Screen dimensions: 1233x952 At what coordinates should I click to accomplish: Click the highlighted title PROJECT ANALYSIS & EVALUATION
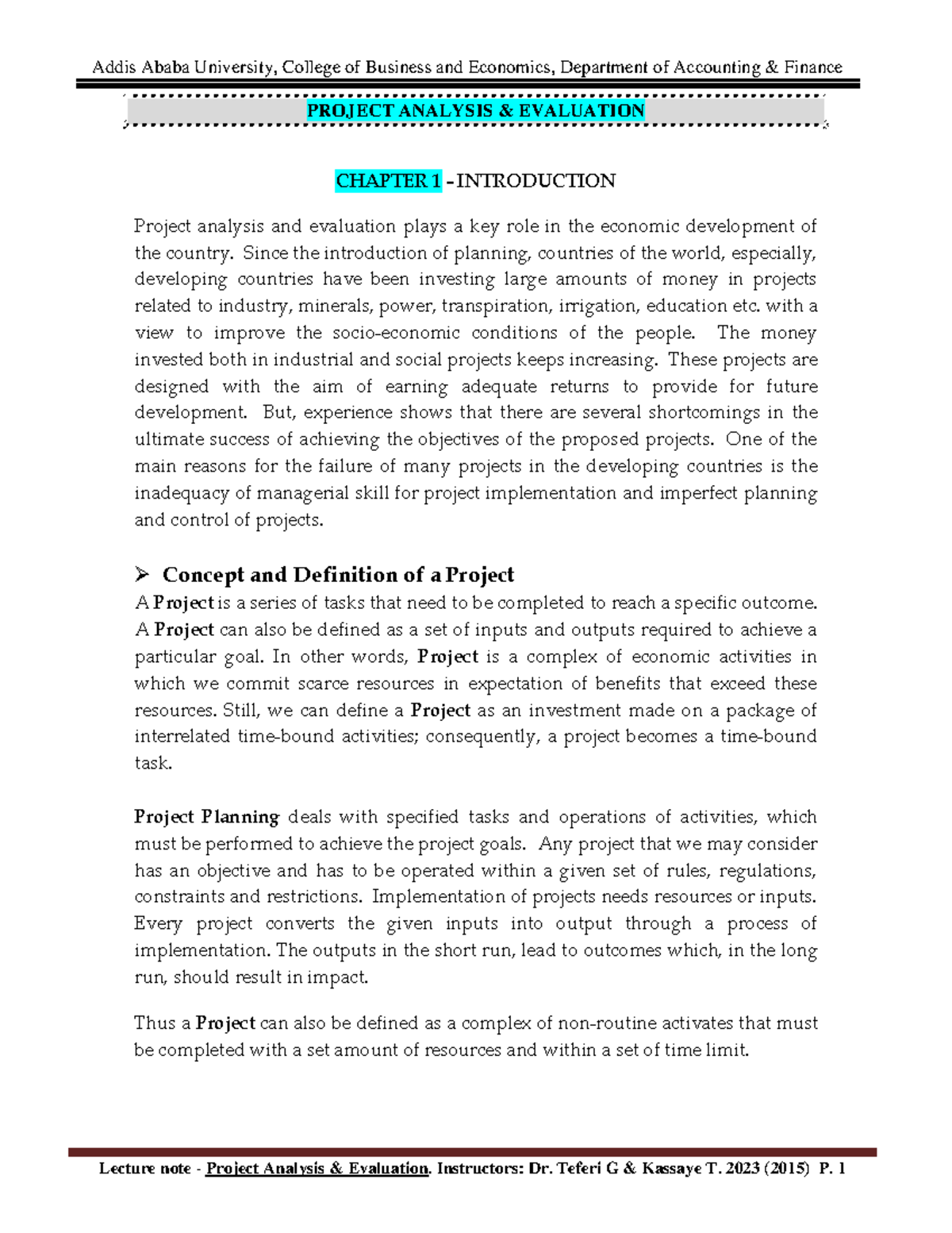[476, 111]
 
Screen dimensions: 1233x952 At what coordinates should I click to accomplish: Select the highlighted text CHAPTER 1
[388, 182]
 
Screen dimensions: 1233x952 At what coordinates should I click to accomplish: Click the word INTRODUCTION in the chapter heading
[535, 182]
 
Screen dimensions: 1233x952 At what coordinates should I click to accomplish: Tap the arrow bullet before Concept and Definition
[142, 574]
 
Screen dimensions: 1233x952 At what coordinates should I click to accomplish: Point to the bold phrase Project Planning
[206, 817]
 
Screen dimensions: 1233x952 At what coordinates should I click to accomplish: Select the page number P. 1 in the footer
[832, 1169]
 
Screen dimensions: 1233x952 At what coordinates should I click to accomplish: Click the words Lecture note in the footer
[144, 1169]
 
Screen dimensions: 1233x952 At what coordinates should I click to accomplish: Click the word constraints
[178, 897]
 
